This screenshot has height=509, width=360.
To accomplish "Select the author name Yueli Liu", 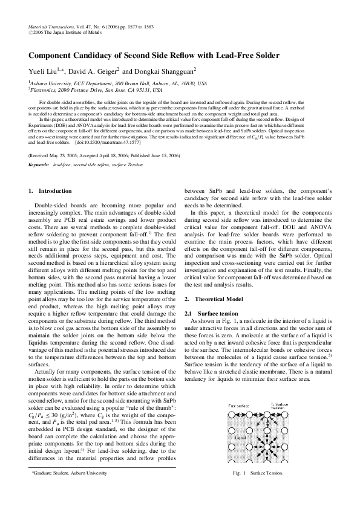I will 43,71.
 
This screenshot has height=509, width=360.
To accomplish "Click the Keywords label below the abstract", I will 39,164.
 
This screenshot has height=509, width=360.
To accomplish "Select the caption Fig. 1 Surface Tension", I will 254,490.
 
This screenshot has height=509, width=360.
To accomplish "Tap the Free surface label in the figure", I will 238,406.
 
